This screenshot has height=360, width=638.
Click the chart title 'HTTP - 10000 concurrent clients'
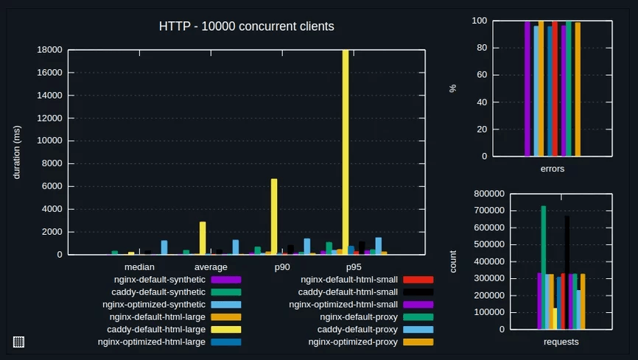[x=246, y=27]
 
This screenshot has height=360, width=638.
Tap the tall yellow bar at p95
[x=346, y=147]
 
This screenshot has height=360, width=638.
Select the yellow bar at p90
[x=274, y=216]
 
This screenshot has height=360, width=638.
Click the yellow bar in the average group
[x=203, y=238]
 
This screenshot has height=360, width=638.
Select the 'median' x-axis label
[x=139, y=267]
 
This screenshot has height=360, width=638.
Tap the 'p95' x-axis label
[x=354, y=267]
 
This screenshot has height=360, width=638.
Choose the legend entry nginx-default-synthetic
[x=159, y=280]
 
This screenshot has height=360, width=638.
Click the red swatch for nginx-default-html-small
[x=418, y=280]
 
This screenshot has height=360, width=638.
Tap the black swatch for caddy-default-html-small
[x=418, y=292]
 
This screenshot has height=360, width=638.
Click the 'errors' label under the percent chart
[x=553, y=169]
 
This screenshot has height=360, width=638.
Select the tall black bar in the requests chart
[x=567, y=272]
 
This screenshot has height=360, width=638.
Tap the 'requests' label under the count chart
[x=561, y=342]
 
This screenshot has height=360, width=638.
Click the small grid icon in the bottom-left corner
[x=18, y=342]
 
